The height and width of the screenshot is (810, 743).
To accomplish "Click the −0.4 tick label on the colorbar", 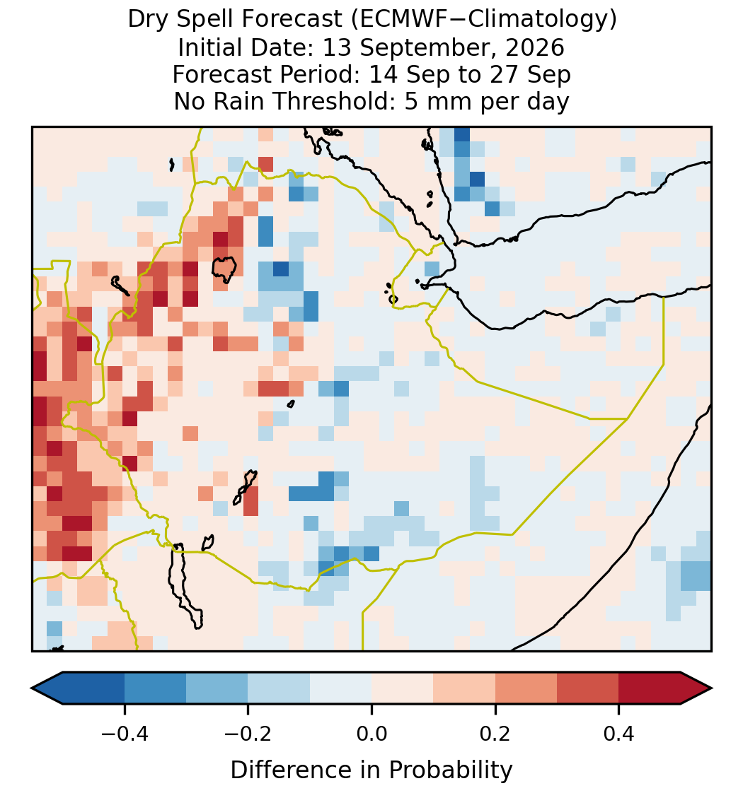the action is [125, 733].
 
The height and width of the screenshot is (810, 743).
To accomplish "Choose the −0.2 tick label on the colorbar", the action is [248, 733].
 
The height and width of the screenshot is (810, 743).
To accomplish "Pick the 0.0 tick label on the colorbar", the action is [371, 733].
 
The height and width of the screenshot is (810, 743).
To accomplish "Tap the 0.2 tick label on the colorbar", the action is [495, 733].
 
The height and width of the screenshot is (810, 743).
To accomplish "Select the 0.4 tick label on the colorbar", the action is [619, 733].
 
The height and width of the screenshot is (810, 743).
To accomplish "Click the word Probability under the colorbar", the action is [451, 770].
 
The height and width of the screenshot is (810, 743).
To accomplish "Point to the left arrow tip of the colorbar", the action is [32, 688].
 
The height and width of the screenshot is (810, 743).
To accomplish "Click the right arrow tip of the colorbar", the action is [712, 688].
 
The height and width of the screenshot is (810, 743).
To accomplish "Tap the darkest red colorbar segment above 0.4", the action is [650, 688].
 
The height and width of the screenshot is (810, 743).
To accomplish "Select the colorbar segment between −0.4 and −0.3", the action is [155, 688].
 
